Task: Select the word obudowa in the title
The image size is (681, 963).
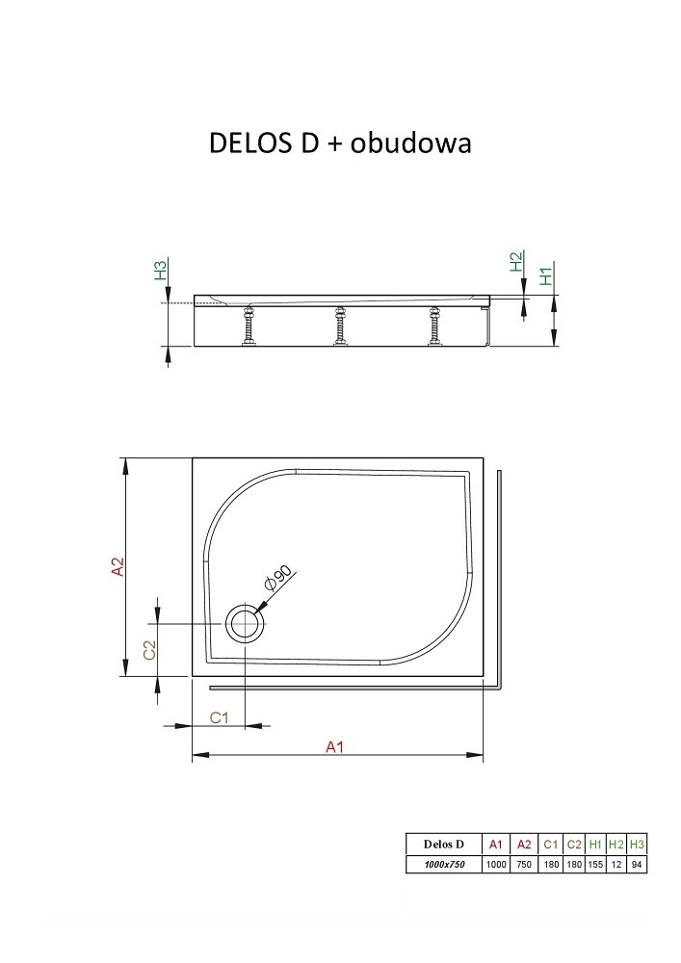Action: (410, 143)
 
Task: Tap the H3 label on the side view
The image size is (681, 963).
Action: (160, 271)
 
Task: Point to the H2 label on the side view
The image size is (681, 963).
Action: (516, 262)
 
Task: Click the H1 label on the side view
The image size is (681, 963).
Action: (546, 274)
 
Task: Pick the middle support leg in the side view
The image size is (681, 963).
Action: (338, 325)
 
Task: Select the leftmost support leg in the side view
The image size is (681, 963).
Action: (249, 325)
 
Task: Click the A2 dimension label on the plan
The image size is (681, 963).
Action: (118, 566)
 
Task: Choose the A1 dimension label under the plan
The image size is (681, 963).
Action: (334, 747)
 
